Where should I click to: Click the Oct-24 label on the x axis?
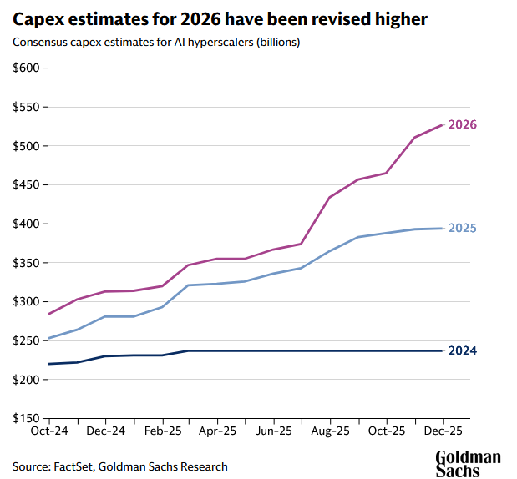(x=48, y=431)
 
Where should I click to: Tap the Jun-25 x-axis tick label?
(x=274, y=431)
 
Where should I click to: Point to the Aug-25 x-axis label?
(x=330, y=431)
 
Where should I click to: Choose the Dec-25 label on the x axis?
(x=442, y=431)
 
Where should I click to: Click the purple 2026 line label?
(x=462, y=125)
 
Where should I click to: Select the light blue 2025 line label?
(x=462, y=228)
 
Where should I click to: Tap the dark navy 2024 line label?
(x=462, y=350)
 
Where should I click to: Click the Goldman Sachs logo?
(x=468, y=463)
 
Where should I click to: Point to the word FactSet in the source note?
(x=75, y=466)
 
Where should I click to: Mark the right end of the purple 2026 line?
(x=442, y=125)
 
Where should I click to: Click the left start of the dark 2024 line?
(x=48, y=364)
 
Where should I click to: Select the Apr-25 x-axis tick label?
(x=217, y=431)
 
